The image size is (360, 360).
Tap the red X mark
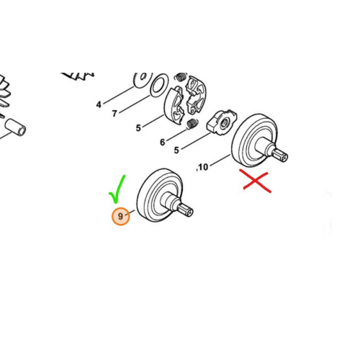256,181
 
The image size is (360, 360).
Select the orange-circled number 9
120,216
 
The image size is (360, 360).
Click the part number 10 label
203,167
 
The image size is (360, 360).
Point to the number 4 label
99,104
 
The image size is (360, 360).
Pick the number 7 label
114,113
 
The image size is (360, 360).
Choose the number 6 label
163,143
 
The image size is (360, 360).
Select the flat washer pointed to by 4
143,79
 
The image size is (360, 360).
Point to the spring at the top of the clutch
181,77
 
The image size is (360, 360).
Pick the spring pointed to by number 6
192,124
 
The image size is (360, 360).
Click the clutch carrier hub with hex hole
222,122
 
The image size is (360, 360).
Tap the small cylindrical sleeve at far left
15,127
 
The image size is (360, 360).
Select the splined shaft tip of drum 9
185,210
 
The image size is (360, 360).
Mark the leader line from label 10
220,160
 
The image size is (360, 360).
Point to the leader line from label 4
119,95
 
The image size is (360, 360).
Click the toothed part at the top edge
78,76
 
